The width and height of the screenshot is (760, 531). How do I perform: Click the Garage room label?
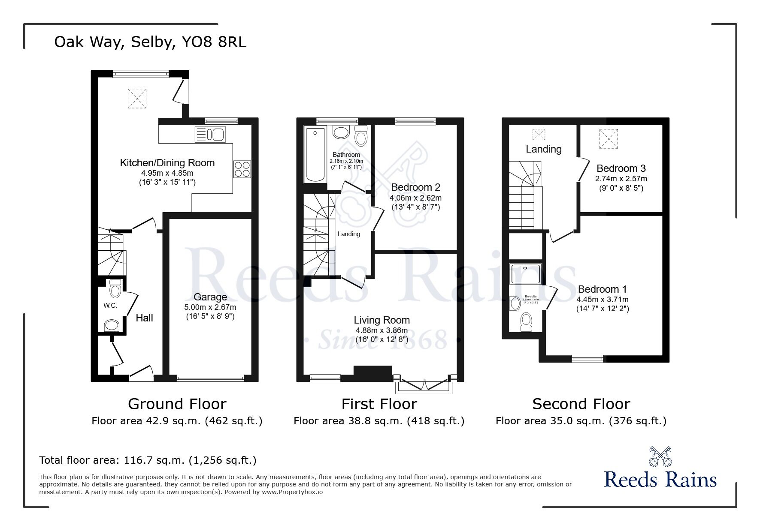coord(210,297)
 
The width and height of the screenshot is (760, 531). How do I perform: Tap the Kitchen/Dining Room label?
coord(167,163)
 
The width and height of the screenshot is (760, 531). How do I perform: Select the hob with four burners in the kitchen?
coord(242,169)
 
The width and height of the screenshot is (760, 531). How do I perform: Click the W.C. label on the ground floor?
coord(110,306)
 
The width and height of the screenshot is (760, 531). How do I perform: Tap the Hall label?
coord(144,318)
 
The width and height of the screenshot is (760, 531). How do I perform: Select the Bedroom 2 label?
coord(415,187)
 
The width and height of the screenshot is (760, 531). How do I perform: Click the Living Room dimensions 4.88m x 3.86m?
coord(382,330)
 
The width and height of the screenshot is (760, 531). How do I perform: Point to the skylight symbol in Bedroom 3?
coord(609,139)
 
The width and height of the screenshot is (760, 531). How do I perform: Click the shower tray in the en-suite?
coord(526,274)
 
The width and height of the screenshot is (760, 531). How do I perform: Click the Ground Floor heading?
coord(177,404)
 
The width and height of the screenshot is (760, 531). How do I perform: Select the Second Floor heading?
coord(581,404)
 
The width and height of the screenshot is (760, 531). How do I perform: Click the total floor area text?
coord(148,460)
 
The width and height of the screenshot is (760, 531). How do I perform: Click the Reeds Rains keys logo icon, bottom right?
coord(660,457)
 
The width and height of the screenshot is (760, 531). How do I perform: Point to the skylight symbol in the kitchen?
coord(137,99)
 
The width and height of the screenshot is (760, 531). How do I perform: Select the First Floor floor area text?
coord(379,421)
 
